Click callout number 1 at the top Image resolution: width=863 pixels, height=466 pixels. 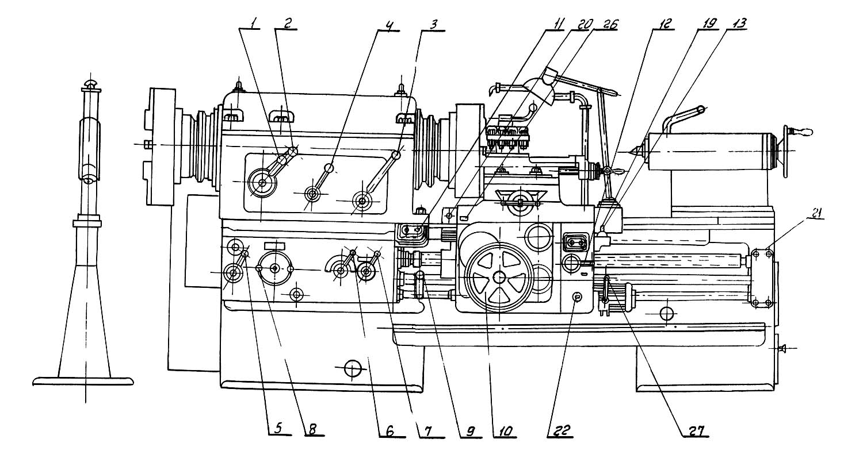252,24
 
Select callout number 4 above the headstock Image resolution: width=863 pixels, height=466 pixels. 390,25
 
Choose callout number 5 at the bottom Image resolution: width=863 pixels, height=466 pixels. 278,428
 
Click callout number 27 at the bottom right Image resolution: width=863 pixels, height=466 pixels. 696,430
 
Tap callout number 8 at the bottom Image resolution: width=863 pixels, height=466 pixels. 312,429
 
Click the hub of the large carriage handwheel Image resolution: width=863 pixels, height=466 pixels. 499,277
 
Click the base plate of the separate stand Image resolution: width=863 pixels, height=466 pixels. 83,381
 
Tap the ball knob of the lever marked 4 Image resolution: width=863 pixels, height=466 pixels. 329,168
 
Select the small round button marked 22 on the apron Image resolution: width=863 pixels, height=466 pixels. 577,296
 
